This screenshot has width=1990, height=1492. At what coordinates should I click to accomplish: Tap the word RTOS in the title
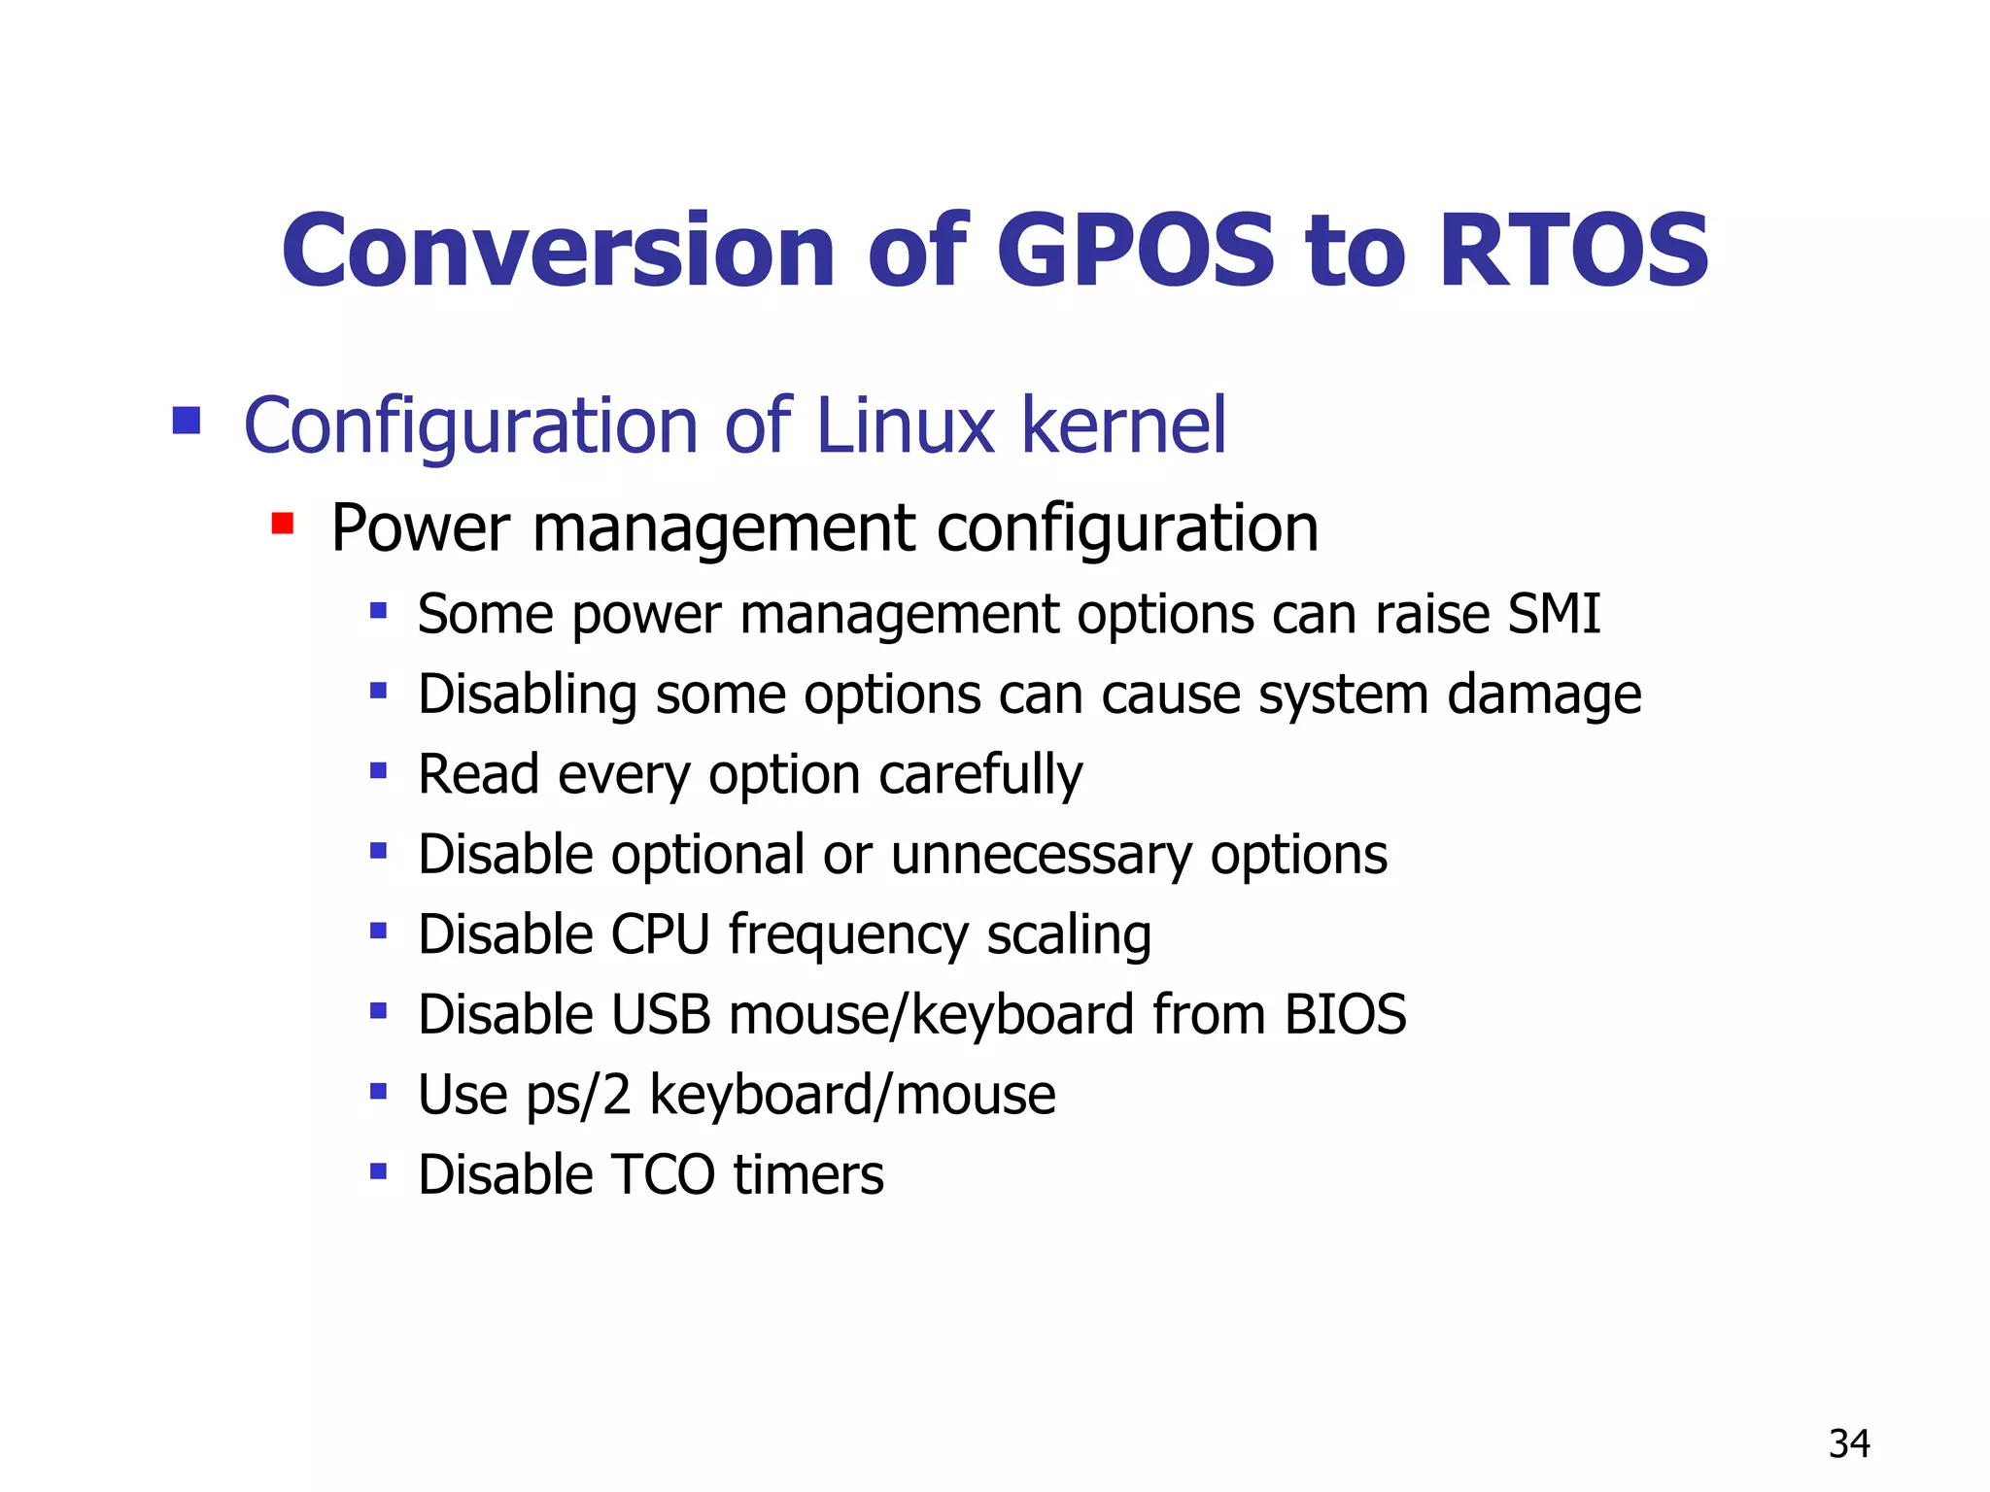[1573, 251]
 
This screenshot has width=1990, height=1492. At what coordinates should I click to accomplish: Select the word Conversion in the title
[558, 251]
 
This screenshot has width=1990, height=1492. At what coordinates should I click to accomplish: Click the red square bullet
[282, 525]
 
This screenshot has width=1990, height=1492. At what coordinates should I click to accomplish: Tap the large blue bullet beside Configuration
[186, 421]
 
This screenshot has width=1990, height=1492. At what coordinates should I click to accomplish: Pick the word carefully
[980, 775]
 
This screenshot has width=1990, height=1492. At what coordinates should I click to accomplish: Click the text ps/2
[578, 1095]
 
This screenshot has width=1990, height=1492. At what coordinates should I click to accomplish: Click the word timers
[808, 1174]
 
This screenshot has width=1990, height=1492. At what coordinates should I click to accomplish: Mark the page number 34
[1849, 1444]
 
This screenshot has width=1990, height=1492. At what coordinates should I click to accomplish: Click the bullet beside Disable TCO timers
[378, 1171]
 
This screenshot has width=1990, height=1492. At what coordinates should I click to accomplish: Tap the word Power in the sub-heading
[420, 528]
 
